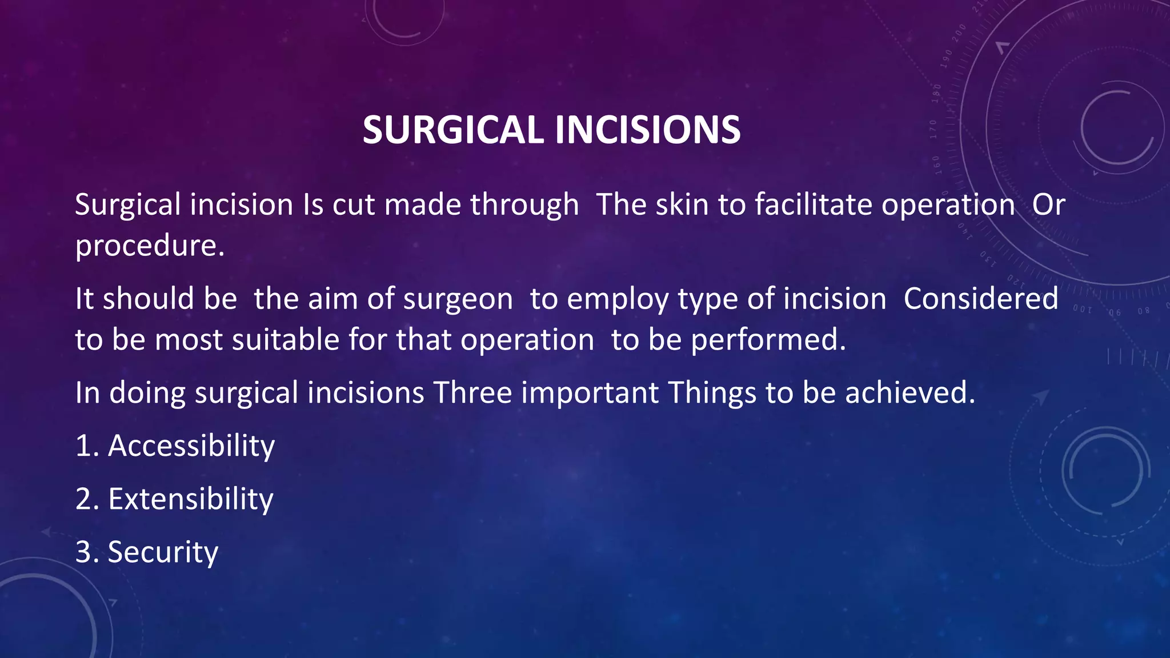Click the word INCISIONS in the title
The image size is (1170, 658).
[648, 130]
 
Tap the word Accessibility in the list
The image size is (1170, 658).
[191, 446]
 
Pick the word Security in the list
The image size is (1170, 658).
[163, 552]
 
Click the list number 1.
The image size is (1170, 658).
[84, 446]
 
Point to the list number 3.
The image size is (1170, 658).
[84, 552]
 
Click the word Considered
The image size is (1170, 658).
[981, 299]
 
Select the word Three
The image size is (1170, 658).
[472, 393]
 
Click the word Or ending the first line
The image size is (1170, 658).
[1048, 204]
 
